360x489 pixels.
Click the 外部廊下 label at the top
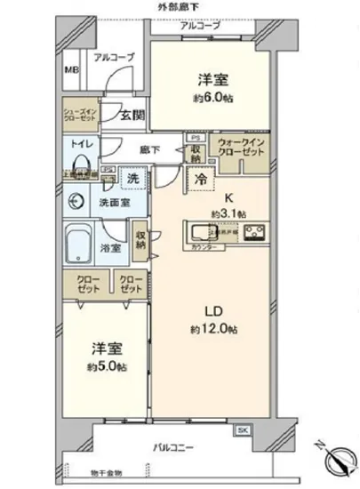point(178,7)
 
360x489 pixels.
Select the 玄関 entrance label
point(133,113)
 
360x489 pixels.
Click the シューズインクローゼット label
point(78,115)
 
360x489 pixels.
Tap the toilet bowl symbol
point(81,162)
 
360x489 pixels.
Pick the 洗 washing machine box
point(133,177)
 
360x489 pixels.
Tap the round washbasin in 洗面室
point(74,199)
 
